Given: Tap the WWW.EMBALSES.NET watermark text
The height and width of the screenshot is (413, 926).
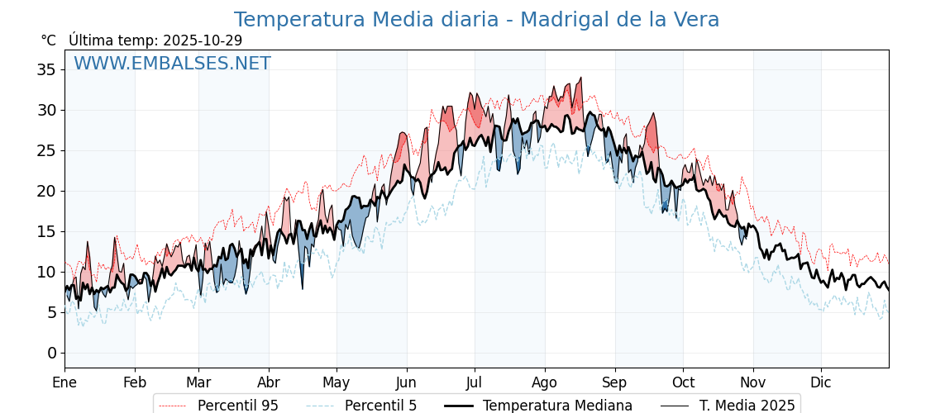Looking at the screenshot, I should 172,64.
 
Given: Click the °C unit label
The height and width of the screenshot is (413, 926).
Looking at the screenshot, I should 49,40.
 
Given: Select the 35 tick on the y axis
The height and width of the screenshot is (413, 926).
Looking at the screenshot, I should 46,69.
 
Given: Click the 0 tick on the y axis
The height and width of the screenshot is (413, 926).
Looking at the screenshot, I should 51,353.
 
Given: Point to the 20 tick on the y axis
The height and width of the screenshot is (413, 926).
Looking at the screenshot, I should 46,191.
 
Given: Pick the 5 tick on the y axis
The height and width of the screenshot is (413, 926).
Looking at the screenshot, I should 51,312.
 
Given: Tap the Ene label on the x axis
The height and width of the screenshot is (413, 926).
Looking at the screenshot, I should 64,382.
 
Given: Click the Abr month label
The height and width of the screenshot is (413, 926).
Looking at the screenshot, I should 269,382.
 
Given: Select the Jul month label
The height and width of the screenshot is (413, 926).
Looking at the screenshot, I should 475,382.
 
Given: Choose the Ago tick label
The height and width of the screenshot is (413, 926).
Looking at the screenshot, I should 544,382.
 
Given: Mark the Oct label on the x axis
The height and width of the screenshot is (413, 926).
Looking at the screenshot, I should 683,382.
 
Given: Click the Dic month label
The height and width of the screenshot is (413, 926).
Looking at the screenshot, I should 821,382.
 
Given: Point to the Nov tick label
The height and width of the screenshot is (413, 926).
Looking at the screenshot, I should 753,382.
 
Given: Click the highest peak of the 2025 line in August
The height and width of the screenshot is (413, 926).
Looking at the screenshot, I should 581,78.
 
